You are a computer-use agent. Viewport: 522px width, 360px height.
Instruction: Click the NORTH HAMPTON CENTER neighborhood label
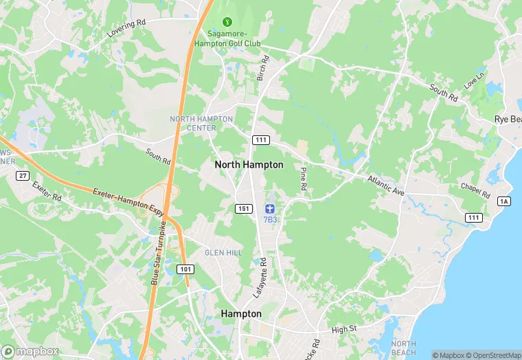coord(202,123)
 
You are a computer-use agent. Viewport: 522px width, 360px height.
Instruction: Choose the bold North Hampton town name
coord(249,165)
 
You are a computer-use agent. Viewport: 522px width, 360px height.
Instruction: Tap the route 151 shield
coord(242,208)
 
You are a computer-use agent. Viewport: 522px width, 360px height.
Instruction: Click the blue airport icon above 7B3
coord(270,207)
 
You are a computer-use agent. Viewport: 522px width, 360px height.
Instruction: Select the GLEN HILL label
coord(223,253)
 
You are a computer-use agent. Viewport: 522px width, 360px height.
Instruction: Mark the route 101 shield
coord(185,269)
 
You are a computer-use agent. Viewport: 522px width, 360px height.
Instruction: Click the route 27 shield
coord(22,176)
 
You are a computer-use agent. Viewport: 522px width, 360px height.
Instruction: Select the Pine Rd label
coord(303,177)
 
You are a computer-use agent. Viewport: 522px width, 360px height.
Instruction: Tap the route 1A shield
coord(505,201)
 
